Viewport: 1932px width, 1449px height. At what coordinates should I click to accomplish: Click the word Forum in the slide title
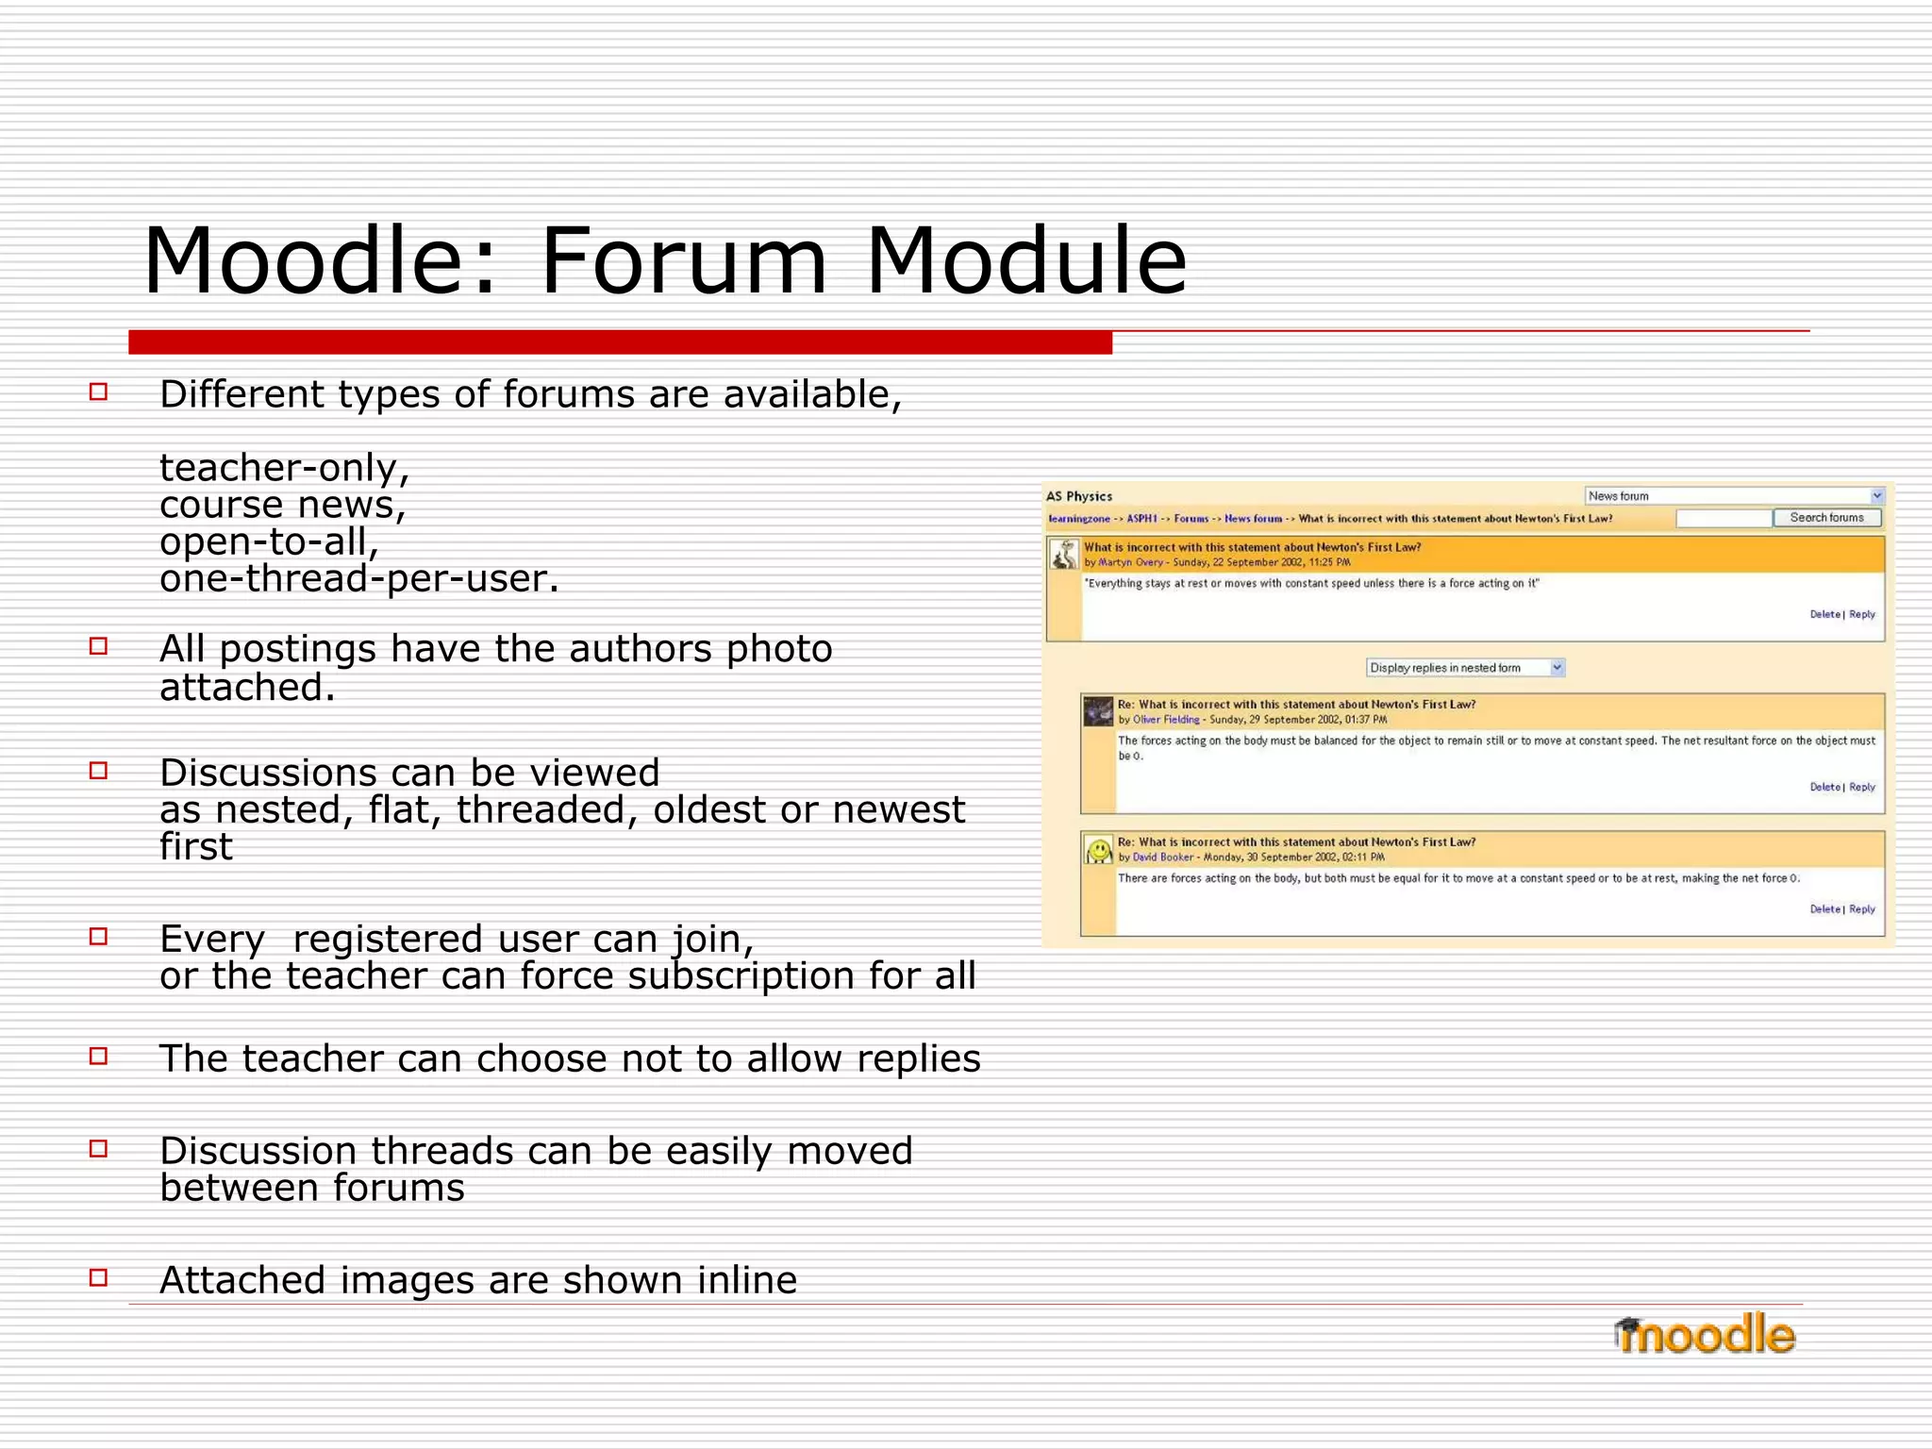683,261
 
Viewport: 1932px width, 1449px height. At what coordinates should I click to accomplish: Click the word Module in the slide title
1025,261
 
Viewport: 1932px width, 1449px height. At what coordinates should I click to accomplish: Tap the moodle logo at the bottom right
1704,1335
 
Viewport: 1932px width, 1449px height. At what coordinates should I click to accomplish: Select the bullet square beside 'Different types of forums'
98,391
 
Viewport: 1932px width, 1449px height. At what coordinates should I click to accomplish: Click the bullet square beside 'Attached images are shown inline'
98,1277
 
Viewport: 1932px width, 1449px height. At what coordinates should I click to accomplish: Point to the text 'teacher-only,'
284,468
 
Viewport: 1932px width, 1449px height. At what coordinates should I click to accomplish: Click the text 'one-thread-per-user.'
358,578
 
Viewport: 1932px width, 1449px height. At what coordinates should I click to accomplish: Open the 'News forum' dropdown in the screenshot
1734,496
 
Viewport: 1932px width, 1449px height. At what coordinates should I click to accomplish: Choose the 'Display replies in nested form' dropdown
1465,668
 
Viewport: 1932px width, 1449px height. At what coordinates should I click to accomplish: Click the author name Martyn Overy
1130,562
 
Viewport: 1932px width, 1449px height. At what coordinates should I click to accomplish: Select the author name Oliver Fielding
1166,720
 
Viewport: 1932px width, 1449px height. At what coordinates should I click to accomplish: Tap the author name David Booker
1162,858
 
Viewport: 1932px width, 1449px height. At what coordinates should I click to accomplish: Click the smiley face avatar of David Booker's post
1098,851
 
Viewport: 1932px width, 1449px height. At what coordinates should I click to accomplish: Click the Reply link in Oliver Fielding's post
1861,787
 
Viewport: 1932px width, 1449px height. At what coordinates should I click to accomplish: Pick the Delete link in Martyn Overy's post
1824,614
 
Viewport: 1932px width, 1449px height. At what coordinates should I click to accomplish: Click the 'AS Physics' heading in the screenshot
1078,496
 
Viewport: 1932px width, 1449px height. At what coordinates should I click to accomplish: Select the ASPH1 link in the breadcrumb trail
1141,519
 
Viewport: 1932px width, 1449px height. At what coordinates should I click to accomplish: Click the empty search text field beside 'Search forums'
1723,518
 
